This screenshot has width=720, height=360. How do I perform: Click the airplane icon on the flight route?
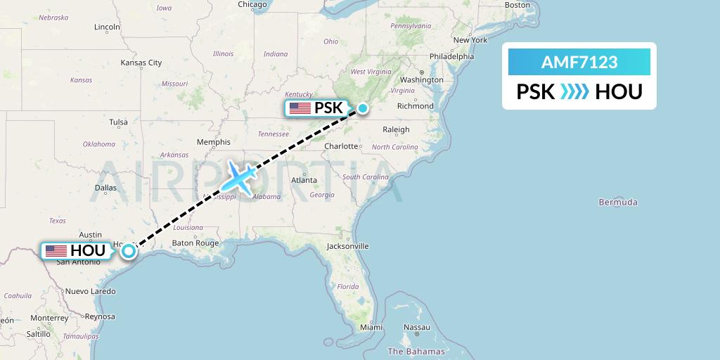pyautogui.click(x=239, y=177)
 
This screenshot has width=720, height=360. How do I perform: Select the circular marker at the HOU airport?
pyautogui.click(x=129, y=250)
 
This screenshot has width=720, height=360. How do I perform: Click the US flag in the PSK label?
pyautogui.click(x=300, y=108)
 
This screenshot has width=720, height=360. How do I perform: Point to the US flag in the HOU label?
pyautogui.click(x=55, y=250)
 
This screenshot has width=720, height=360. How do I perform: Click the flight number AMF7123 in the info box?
pyautogui.click(x=579, y=62)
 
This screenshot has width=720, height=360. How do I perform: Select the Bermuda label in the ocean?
pyautogui.click(x=618, y=202)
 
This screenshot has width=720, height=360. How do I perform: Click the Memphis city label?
pyautogui.click(x=214, y=142)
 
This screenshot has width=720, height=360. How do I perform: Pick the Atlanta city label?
pyautogui.click(x=304, y=180)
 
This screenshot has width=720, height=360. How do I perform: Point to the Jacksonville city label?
pyautogui.click(x=347, y=246)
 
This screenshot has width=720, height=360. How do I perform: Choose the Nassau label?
pyautogui.click(x=417, y=327)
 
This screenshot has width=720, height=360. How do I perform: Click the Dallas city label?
pyautogui.click(x=105, y=188)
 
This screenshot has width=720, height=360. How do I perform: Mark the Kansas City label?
pyautogui.click(x=141, y=63)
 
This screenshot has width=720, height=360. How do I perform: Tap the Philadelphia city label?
pyautogui.click(x=451, y=56)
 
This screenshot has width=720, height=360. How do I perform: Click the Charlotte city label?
pyautogui.click(x=341, y=146)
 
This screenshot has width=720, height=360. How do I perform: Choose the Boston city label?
pyautogui.click(x=517, y=5)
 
